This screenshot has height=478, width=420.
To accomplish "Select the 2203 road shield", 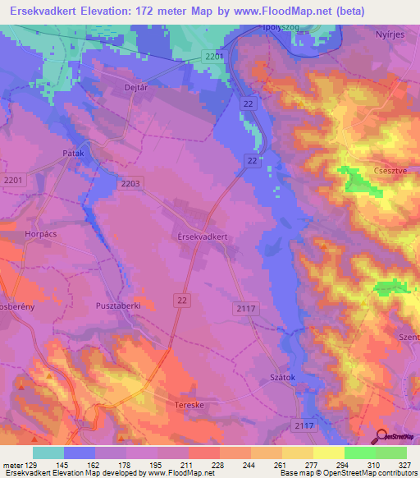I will pyautogui.click(x=130, y=184).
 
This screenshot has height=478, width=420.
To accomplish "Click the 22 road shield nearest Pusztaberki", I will pyautogui.click(x=182, y=301).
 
